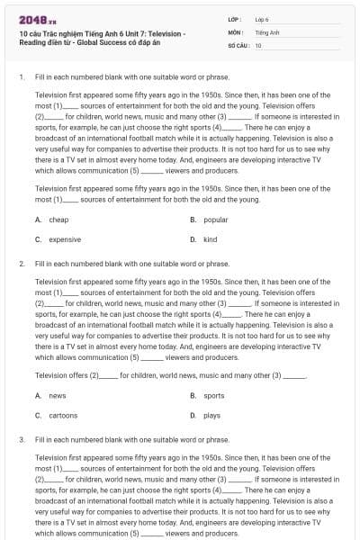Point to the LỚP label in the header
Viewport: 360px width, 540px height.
click(x=235, y=18)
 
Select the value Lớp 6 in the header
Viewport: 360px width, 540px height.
click(x=262, y=18)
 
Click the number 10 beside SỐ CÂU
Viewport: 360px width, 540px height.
click(x=258, y=44)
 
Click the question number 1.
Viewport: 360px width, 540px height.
click(x=21, y=77)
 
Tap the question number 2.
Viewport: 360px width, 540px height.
click(x=21, y=266)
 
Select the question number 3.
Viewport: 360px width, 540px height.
click(x=21, y=440)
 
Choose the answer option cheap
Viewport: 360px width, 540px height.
click(x=58, y=220)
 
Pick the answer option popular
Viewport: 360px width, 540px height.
click(x=215, y=220)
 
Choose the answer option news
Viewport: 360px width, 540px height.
click(x=57, y=395)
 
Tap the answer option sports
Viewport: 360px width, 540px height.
click(x=213, y=395)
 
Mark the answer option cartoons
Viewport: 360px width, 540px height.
click(x=63, y=415)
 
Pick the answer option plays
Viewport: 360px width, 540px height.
click(x=211, y=415)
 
